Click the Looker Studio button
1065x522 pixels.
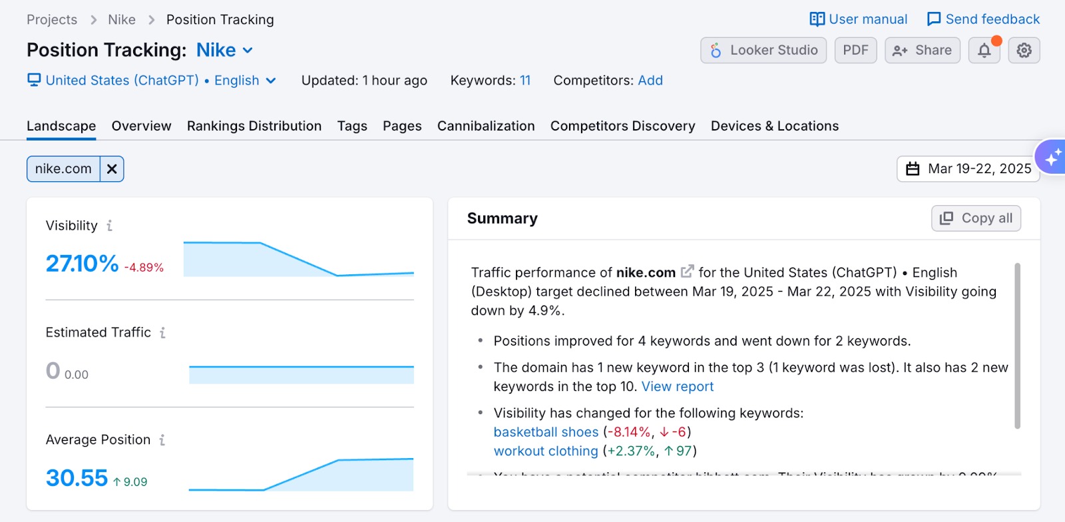(763, 51)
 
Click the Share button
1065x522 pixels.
(922, 51)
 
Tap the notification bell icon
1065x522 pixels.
(984, 51)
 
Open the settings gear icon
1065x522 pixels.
(1024, 51)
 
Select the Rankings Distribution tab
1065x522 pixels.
(254, 126)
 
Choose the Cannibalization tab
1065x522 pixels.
(486, 126)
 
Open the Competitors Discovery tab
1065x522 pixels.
(622, 126)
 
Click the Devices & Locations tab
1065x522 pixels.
(774, 126)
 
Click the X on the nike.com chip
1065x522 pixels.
(112, 169)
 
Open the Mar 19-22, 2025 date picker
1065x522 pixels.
(968, 169)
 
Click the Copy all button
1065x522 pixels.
(976, 218)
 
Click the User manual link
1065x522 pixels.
(858, 19)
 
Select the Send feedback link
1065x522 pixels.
(983, 19)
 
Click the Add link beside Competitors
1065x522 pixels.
(650, 81)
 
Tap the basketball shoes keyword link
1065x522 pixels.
(546, 432)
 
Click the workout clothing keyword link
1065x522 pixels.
(546, 451)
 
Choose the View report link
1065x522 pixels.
(677, 387)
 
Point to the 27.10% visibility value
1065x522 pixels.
(82, 264)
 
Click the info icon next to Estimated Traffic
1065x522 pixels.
(162, 333)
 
